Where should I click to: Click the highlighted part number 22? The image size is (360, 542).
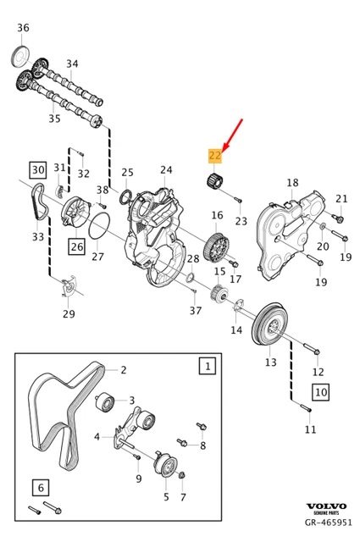pos(214,155)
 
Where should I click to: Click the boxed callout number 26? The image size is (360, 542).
pos(77,248)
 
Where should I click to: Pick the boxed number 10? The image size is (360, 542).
pos(321,392)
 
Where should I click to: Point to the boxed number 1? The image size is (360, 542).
pos(206,366)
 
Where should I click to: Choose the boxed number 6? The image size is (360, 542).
pos(39,487)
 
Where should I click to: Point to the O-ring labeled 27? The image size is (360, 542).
pos(99,229)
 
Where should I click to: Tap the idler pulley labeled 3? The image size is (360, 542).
pos(106,401)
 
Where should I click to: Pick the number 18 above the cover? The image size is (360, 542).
pos(292,183)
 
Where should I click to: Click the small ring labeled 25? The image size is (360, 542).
pos(125,197)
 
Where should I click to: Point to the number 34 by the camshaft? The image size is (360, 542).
pos(72,64)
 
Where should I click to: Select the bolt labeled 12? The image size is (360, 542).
pos(309,349)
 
